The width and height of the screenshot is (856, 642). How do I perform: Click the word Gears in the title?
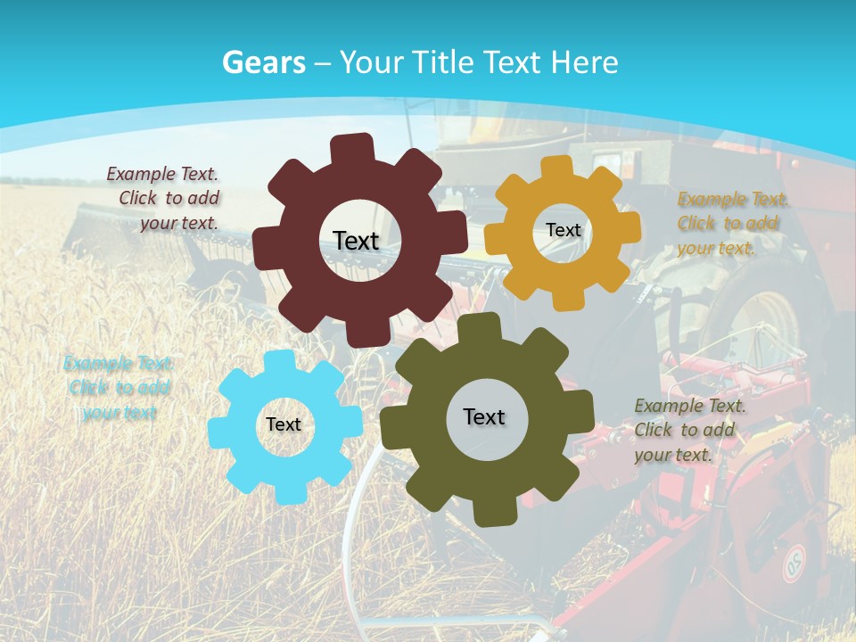[263, 62]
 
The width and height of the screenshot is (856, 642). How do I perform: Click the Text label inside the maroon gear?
[356, 241]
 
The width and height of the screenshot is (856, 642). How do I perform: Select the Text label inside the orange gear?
[563, 230]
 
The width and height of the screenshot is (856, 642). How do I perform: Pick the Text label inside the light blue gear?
[283, 425]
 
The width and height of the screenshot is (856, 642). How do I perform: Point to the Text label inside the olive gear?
[484, 416]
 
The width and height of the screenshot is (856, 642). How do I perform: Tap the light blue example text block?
[118, 388]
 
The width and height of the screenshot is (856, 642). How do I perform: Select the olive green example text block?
[689, 430]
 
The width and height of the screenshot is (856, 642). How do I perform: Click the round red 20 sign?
[794, 564]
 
